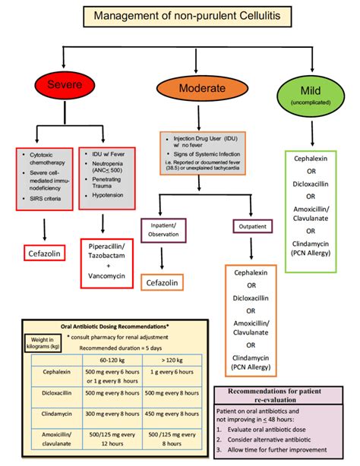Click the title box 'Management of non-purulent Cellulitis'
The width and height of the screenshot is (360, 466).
179,15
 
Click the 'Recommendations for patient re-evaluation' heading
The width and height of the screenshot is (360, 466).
283,395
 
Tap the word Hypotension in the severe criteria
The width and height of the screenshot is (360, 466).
111,196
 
